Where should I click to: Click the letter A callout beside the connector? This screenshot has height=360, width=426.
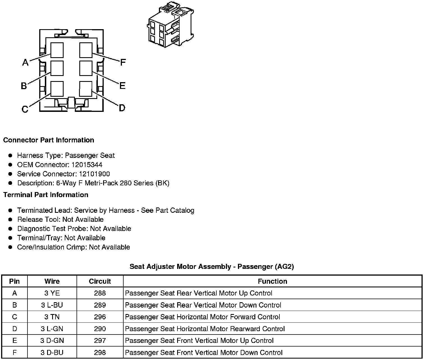point(25,62)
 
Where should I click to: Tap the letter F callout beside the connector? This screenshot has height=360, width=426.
point(123,62)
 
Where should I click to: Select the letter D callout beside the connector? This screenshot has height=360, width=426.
point(122,108)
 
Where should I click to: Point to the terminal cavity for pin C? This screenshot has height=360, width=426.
point(57,89)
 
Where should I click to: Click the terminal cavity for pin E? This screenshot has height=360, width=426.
point(86,68)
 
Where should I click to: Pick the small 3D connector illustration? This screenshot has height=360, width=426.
point(170,25)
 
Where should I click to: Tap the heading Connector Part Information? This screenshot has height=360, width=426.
point(48,140)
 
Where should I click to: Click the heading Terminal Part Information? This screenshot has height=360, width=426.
point(46,195)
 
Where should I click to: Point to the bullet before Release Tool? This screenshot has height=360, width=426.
point(10,220)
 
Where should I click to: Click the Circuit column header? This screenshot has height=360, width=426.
point(100,281)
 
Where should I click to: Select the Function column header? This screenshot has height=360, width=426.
point(272,281)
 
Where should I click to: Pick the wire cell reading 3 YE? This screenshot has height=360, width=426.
point(52,293)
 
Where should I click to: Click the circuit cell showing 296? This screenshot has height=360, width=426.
point(100,317)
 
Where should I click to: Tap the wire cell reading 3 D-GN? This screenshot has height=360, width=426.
point(52,341)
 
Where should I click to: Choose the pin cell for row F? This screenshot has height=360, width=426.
point(15,352)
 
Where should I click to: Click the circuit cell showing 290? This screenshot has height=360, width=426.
point(100,329)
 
